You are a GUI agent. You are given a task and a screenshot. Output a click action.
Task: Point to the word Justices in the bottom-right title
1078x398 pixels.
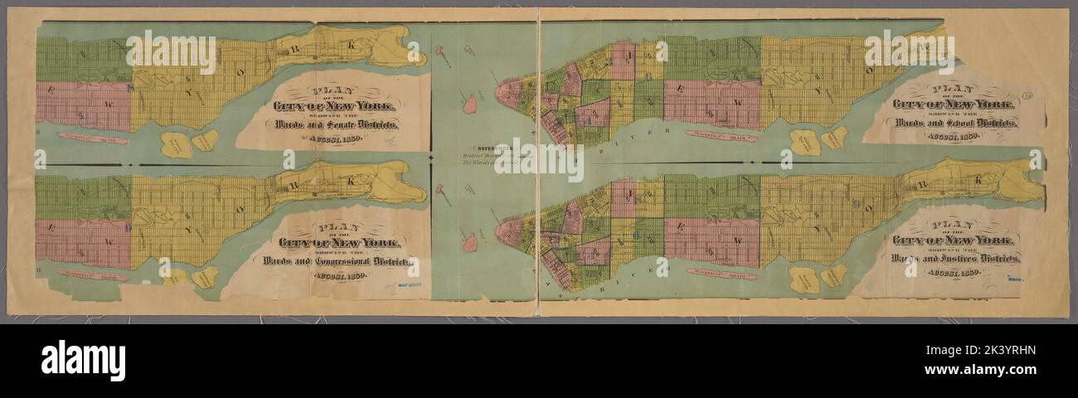(966, 258)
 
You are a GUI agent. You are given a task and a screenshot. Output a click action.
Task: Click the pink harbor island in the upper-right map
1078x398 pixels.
(469, 104)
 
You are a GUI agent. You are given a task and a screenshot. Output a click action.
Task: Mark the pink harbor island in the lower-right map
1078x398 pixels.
(470, 242)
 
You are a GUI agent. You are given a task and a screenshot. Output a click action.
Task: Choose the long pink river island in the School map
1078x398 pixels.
(721, 135)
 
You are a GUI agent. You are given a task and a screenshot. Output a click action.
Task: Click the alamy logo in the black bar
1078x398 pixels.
(83, 360)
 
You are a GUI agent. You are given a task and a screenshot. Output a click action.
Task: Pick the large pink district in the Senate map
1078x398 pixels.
(83, 105)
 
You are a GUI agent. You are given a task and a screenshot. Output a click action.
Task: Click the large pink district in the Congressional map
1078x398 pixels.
(83, 243)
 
